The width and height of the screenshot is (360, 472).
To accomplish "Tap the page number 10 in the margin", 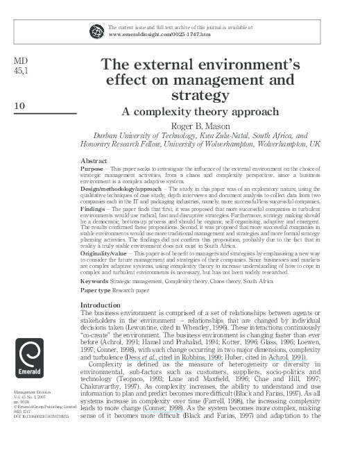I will tap(20, 106).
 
